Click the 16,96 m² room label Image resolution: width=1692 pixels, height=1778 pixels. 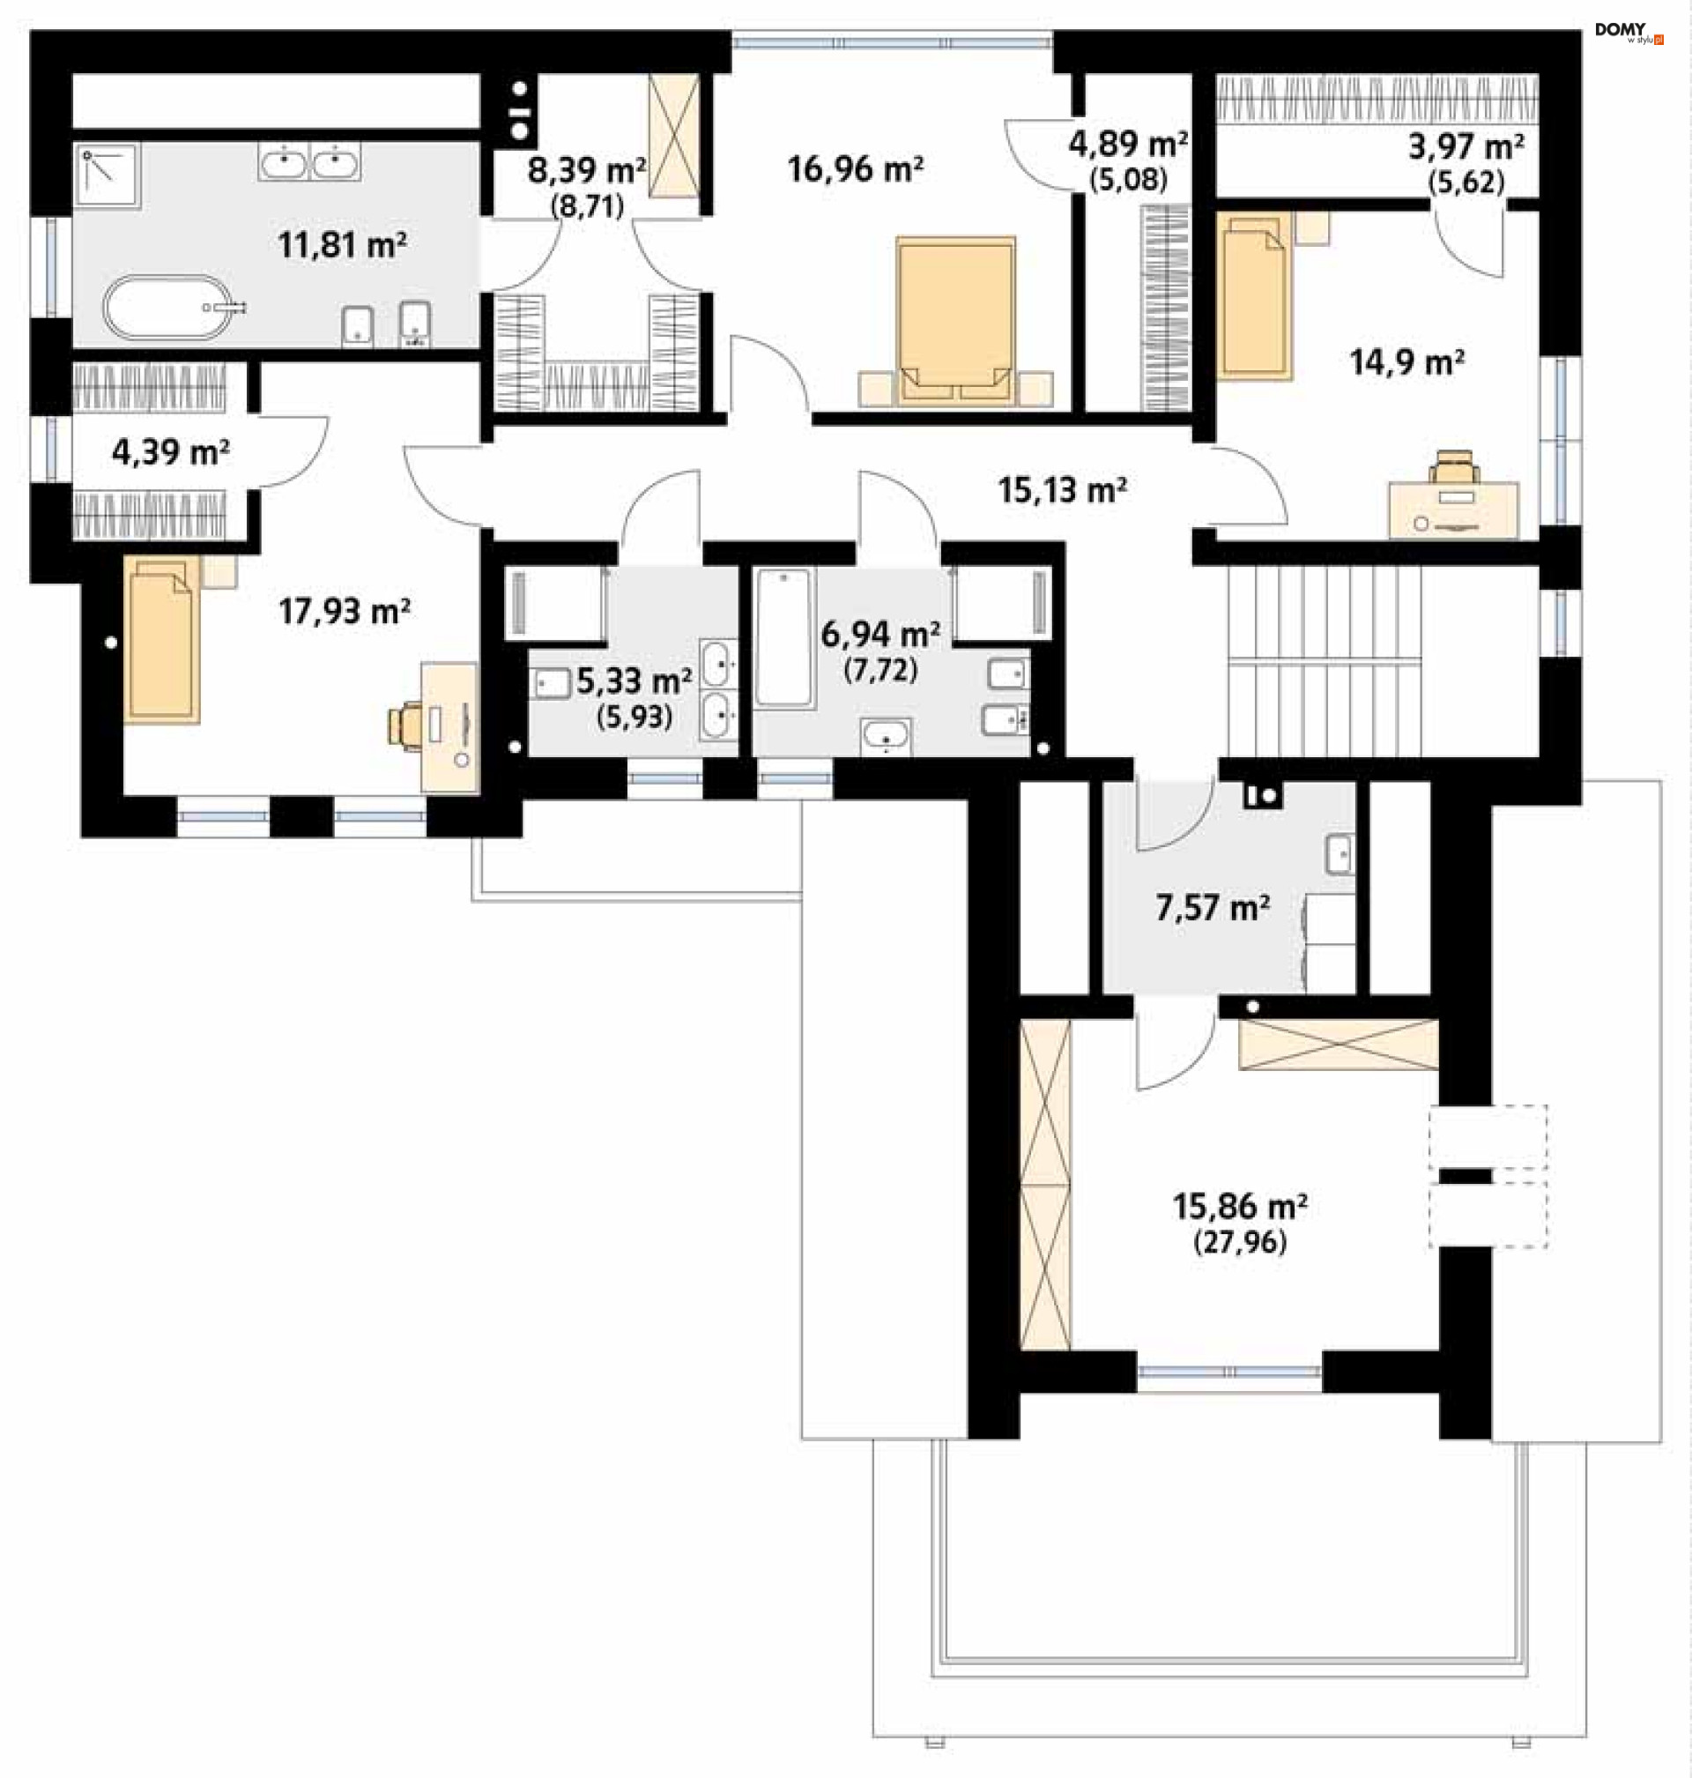point(855,168)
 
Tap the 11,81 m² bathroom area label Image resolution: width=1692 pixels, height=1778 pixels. point(342,244)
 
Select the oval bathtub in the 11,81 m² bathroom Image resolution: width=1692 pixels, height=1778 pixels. point(167,308)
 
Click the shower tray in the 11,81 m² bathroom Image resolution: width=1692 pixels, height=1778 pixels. point(108,176)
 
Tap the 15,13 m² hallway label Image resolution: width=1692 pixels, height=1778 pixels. point(1062,490)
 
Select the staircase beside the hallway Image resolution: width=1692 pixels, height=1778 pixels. point(1323,660)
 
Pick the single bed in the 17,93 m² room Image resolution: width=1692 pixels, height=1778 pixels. point(161,640)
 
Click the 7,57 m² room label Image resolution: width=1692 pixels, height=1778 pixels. point(1213,906)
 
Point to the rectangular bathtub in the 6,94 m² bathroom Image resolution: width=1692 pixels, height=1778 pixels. point(783,636)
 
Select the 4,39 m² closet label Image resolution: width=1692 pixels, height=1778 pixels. point(170,451)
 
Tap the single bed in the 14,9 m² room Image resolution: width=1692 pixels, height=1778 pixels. point(1254,296)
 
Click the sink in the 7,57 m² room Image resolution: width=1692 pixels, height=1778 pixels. point(1339,854)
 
